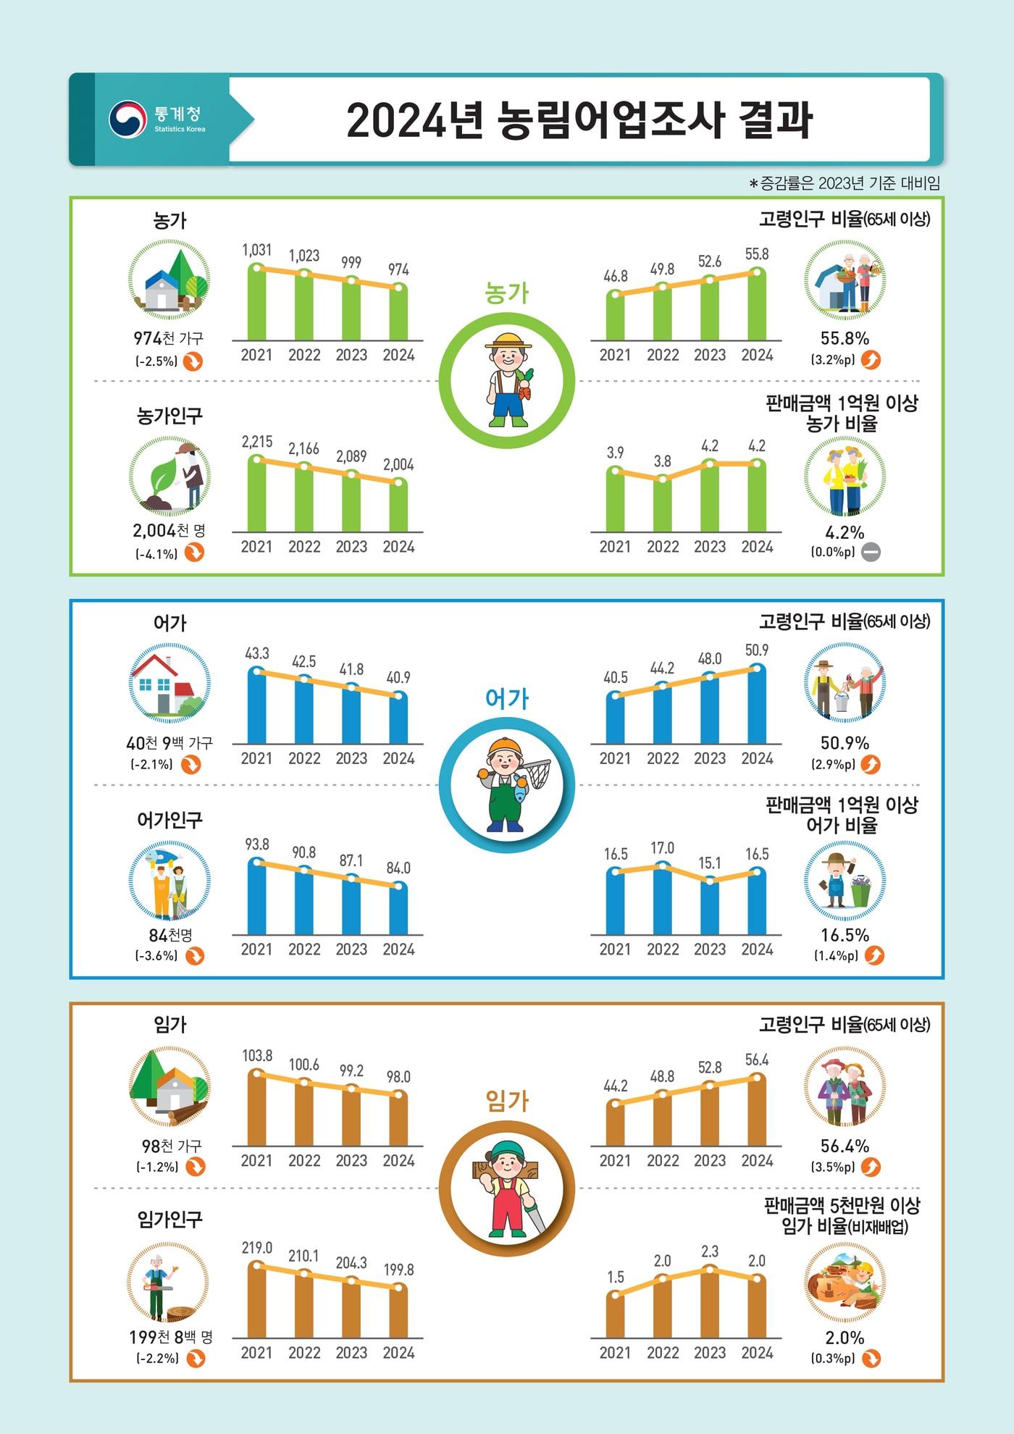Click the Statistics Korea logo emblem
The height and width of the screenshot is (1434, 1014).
pos(128,119)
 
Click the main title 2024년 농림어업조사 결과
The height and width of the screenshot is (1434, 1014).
pos(579,120)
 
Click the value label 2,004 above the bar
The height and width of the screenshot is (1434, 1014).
pos(398,465)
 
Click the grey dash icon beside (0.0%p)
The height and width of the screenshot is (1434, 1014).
pos(871,553)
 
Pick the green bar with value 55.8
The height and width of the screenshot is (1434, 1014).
pos(757,306)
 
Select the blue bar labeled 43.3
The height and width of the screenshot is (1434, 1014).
pos(256,706)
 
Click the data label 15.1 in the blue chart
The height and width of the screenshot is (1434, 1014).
pos(709,863)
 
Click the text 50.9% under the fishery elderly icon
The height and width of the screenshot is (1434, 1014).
pos(845,743)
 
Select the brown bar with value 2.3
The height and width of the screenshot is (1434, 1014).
pos(710,1304)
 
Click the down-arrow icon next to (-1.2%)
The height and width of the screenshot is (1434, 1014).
pos(196,1167)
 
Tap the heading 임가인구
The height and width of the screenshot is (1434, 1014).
pos(169,1220)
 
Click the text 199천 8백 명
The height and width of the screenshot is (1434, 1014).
pos(171,1337)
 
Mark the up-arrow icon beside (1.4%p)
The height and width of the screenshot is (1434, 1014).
pos(874,956)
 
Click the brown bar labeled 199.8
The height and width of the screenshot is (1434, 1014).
pos(398,1312)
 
